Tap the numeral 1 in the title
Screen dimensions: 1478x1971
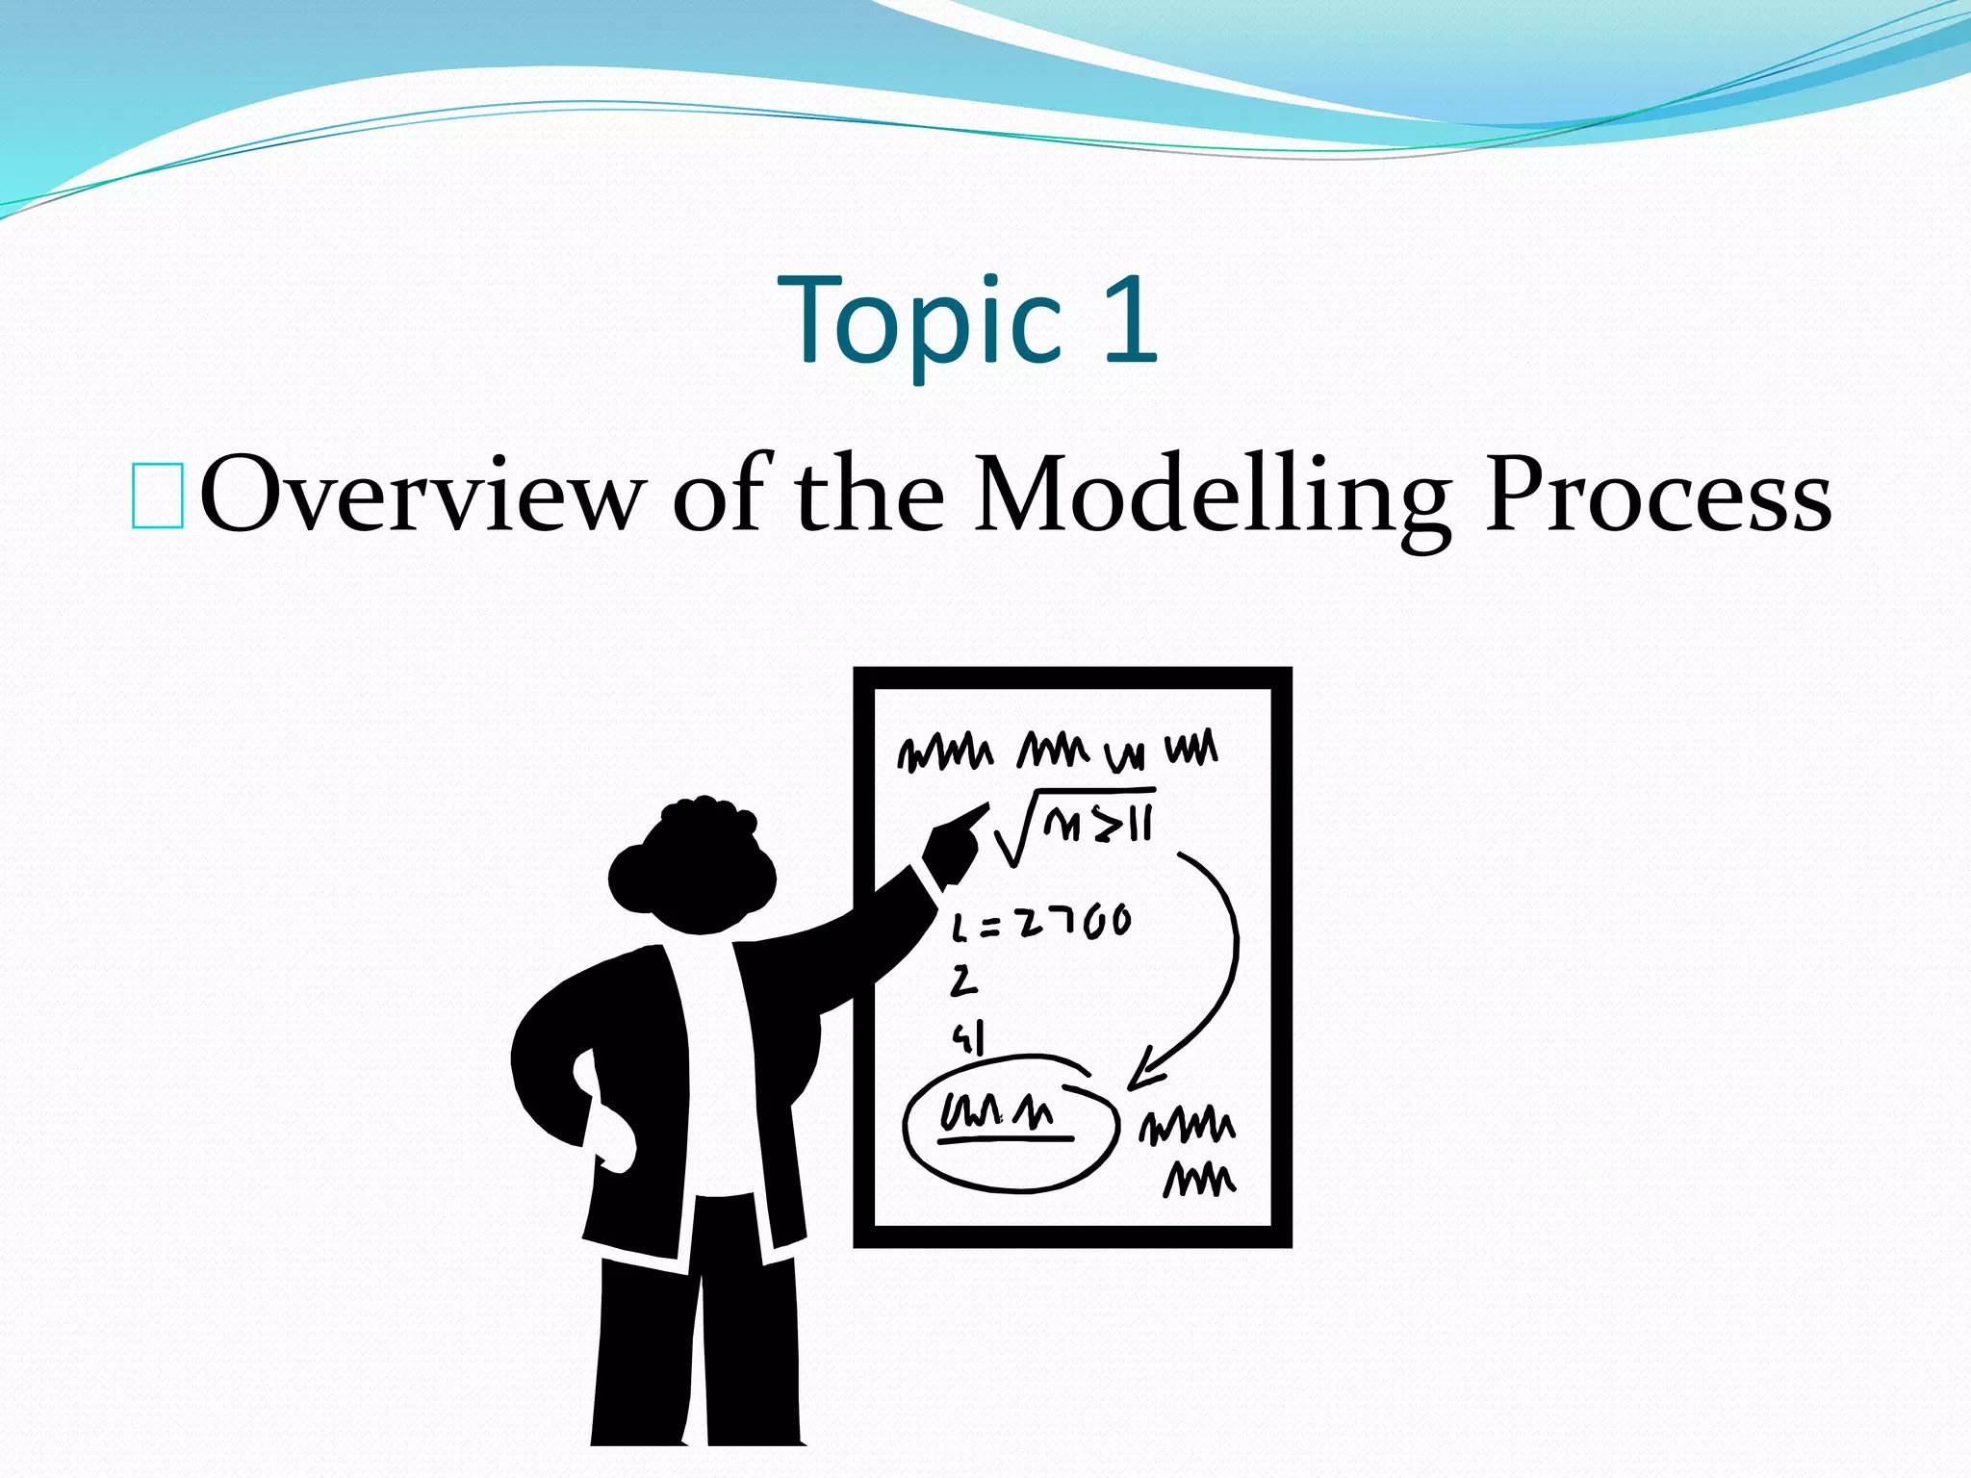tap(1128, 319)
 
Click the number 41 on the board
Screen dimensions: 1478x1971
tap(968, 1038)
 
